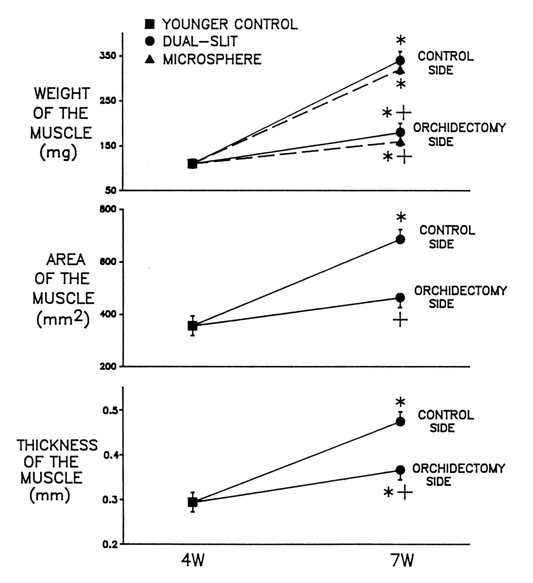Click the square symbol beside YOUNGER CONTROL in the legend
150,24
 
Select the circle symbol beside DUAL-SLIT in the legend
150,42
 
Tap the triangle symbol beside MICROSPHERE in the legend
150,59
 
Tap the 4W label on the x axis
192,564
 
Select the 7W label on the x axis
400,564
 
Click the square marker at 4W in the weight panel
193,164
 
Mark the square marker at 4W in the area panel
193,326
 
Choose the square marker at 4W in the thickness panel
193,502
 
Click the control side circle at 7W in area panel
400,239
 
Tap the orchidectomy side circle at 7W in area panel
400,298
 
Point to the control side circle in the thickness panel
400,421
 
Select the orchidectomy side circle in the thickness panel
400,470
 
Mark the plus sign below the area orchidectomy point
400,320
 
